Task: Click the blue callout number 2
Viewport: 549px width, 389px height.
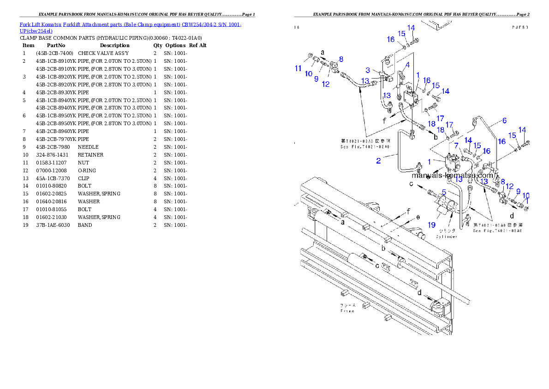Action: point(378,161)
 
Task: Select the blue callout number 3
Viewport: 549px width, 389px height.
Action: point(368,70)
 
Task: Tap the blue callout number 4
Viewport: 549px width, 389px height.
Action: point(406,65)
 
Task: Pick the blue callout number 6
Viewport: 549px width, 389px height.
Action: point(504,121)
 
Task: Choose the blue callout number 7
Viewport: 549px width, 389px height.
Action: point(456,146)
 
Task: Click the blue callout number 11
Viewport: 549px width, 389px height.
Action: point(298,69)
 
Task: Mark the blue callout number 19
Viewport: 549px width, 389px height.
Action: point(431,225)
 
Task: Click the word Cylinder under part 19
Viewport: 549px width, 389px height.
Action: point(447,237)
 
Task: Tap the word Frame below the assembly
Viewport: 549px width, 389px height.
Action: point(347,311)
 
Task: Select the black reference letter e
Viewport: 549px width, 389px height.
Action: point(418,217)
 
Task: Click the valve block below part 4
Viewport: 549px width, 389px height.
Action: point(410,98)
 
